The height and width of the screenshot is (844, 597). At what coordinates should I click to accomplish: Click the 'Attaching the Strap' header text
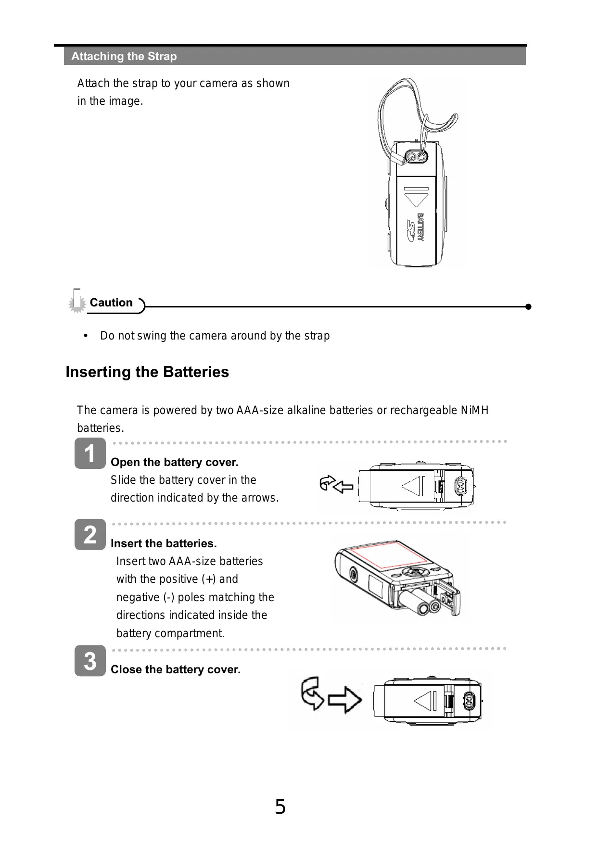[x=124, y=56]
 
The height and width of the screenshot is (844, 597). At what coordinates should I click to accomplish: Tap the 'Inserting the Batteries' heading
[x=147, y=372]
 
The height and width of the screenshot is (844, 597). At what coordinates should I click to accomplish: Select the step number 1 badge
[x=90, y=453]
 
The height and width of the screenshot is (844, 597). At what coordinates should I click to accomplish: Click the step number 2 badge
[x=90, y=534]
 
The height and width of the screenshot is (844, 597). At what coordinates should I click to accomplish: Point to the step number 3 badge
[x=90, y=661]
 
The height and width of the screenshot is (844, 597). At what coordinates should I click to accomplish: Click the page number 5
[x=280, y=806]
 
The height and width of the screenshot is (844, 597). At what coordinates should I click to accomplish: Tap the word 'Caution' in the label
[x=111, y=302]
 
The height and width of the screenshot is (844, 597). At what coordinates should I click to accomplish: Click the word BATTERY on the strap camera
[x=421, y=227]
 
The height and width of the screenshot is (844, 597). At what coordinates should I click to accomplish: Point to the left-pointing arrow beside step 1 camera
[x=343, y=487]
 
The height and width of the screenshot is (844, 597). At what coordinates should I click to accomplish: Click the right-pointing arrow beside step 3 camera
[x=345, y=700]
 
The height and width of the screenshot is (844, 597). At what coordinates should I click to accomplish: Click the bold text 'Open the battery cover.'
[x=175, y=462]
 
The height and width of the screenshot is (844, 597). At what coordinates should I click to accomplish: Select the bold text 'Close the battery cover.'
[x=176, y=669]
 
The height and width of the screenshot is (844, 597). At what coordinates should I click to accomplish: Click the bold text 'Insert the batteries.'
[x=164, y=543]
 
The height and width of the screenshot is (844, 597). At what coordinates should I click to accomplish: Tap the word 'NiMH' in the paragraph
[x=474, y=410]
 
